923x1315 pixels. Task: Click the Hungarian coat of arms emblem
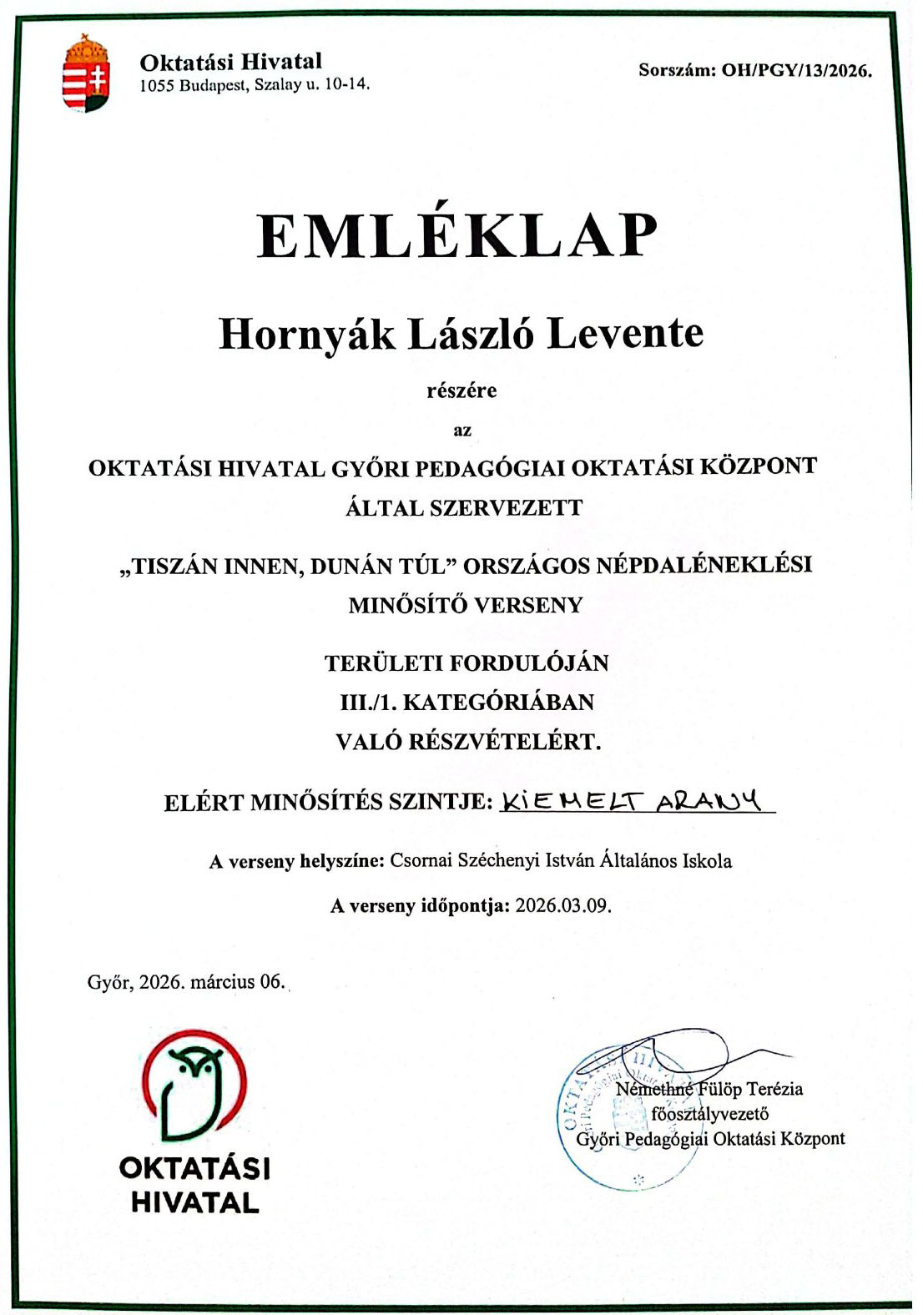click(x=87, y=73)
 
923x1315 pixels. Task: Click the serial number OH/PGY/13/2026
click(x=796, y=70)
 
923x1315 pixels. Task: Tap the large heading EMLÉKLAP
click(x=457, y=236)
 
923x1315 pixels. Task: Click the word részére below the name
click(x=461, y=390)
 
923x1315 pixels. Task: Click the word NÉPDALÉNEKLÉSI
click(x=704, y=565)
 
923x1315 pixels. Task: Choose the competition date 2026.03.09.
click(x=563, y=906)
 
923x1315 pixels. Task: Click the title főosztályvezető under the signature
click(x=709, y=1114)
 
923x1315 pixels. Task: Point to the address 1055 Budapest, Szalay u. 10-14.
click(x=254, y=84)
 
